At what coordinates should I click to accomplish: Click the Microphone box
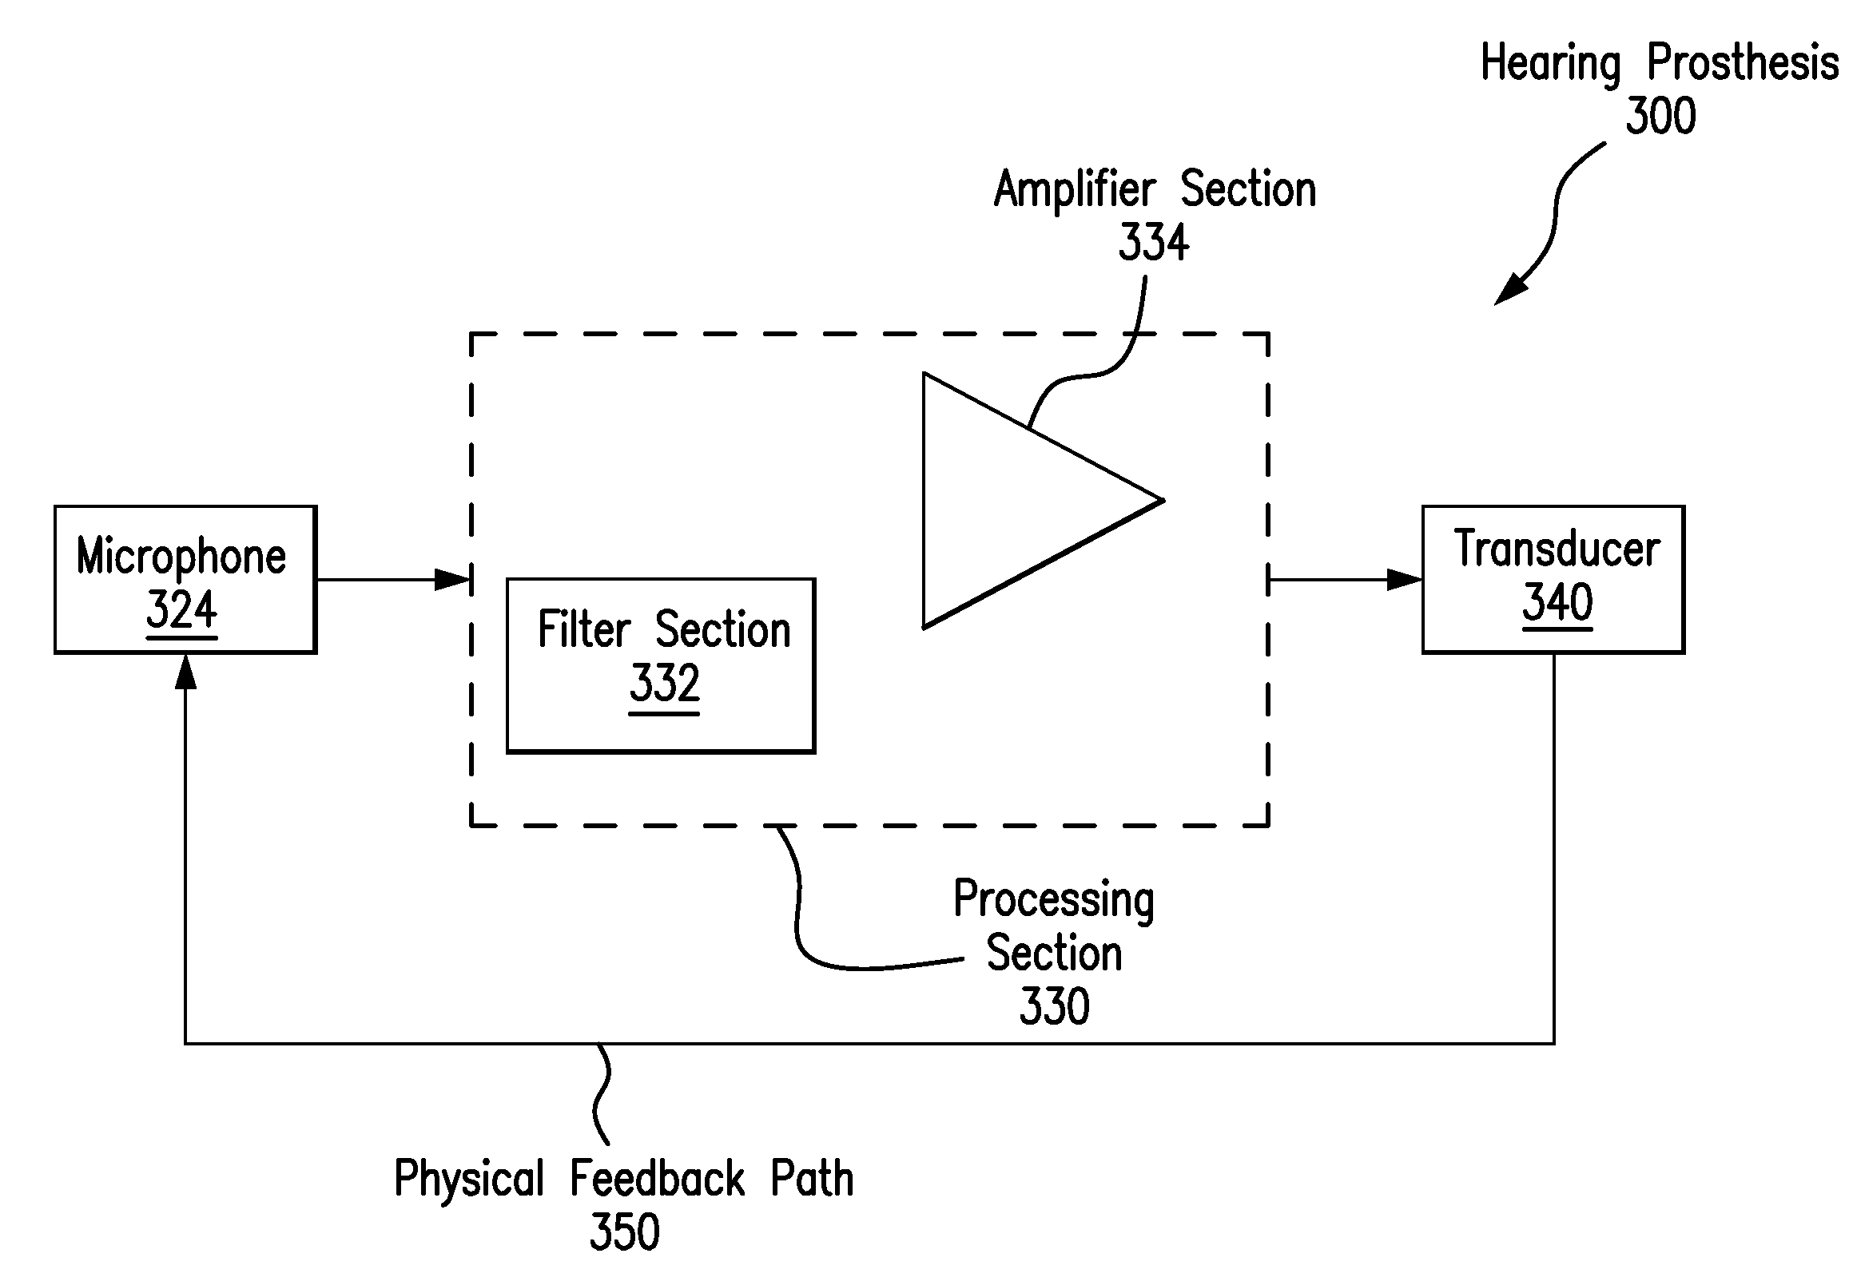tap(185, 580)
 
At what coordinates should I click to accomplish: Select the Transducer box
tap(1553, 580)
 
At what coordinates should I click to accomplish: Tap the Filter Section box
tap(660, 666)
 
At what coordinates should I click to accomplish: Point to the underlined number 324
tap(181, 609)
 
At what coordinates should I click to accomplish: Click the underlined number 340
tap(1557, 602)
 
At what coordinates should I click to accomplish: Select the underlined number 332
tap(664, 684)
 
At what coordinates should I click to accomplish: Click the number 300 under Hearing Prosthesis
tap(1660, 116)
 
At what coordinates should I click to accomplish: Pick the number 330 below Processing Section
tap(1054, 1006)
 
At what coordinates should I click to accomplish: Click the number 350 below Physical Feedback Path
tap(625, 1231)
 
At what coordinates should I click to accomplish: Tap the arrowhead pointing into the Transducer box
tap(1406, 580)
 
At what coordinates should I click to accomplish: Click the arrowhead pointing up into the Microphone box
tap(186, 672)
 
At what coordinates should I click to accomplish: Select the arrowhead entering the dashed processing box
tap(452, 580)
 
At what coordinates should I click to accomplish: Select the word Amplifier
tap(1075, 190)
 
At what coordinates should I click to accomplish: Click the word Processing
tap(1053, 899)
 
